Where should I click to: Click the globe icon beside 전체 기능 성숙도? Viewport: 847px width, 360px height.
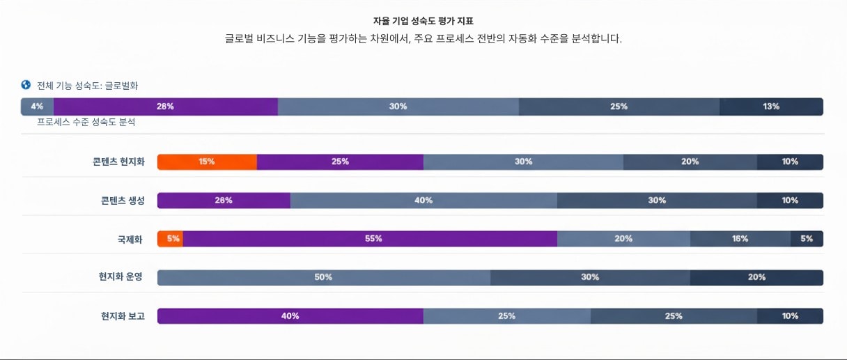[x=26, y=85]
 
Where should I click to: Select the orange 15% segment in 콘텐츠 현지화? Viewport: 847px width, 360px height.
[x=207, y=162]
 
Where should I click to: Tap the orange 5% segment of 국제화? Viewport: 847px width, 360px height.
[x=171, y=239]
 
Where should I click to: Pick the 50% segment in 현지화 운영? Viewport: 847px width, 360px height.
[x=323, y=277]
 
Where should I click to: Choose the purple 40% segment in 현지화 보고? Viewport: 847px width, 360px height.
[x=290, y=316]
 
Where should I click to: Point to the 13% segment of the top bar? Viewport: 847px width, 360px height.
[x=771, y=107]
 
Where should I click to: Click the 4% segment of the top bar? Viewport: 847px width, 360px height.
[x=37, y=107]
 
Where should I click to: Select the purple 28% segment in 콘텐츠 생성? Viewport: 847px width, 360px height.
[x=224, y=201]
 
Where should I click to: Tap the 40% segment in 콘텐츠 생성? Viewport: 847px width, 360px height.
[x=423, y=201]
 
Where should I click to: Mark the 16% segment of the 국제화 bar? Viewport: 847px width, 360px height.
[x=740, y=239]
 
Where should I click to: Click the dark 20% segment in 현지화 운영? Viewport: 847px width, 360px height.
[x=756, y=277]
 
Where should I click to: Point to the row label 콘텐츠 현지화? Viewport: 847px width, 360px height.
[x=118, y=162]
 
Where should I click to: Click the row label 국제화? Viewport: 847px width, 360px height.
[x=130, y=239]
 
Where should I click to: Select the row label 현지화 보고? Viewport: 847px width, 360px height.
[x=123, y=316]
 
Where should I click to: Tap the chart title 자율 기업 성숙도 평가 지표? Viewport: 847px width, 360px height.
[x=423, y=22]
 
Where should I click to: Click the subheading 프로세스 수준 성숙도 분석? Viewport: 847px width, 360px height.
[x=86, y=122]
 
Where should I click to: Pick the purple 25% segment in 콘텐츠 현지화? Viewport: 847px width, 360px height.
[x=340, y=162]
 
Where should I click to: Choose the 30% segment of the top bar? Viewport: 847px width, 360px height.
[x=398, y=107]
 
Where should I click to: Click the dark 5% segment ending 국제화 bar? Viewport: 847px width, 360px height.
[x=807, y=239]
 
